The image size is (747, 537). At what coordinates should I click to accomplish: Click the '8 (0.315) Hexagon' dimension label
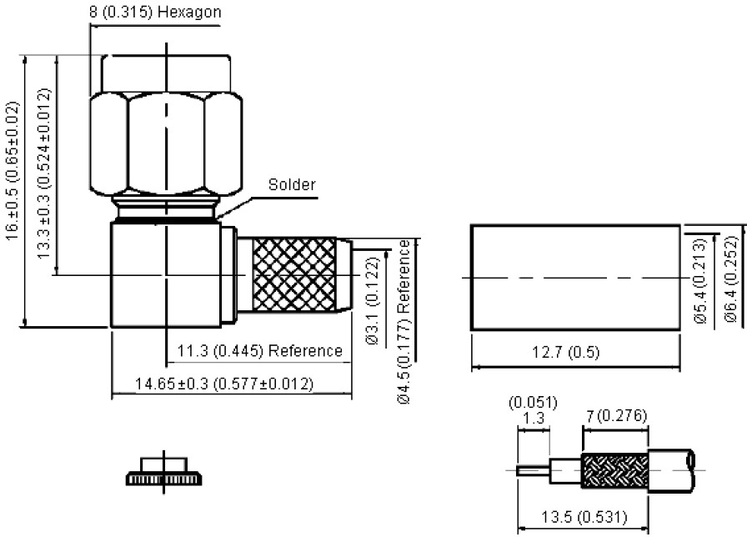point(157,13)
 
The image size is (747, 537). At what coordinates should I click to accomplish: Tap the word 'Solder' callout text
point(292,185)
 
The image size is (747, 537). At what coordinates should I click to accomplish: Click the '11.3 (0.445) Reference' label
point(260,351)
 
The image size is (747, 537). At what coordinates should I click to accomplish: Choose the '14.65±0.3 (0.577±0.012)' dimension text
point(224,384)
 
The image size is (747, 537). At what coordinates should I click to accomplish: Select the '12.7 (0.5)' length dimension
point(565,353)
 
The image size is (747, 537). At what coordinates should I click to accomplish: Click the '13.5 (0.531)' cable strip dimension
point(583,518)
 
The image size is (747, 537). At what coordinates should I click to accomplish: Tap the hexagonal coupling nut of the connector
point(167,143)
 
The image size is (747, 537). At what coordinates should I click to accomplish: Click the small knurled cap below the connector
point(164,474)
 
